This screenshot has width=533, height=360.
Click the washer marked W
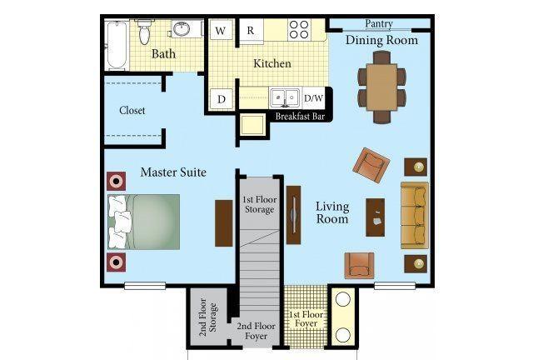coord(221,30)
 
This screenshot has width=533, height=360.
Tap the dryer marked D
coord(222,99)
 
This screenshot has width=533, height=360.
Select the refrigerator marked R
coord(252,30)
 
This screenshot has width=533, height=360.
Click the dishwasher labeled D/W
coord(313,98)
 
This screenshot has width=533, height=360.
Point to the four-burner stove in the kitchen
coord(300,30)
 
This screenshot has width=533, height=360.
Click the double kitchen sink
coord(285,97)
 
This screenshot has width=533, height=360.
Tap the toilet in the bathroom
coord(144,32)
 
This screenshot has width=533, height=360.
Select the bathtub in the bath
coord(117,45)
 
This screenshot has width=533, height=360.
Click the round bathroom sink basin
coord(183,29)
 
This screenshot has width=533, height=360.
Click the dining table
coord(381,87)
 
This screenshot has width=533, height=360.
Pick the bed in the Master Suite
coord(144,222)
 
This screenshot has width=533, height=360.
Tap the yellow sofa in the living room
coord(415,216)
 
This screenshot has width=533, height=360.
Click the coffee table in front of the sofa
coord(376,217)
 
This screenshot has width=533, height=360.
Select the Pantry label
coord(379,24)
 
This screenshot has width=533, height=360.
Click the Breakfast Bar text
coord(300,117)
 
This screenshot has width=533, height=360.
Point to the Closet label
coord(132,110)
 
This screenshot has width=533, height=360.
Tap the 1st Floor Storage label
coord(259,204)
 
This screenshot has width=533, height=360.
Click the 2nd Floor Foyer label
coord(256,331)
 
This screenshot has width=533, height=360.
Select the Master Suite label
coord(173,172)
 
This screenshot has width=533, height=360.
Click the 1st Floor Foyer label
coord(306,319)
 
